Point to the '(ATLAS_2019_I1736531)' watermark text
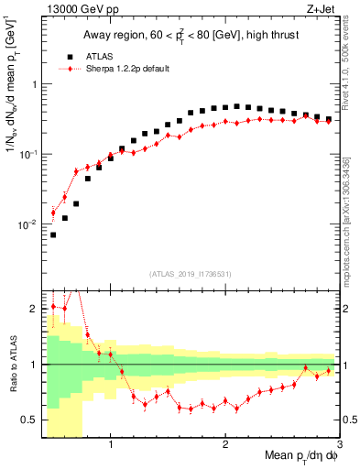click(x=190, y=274)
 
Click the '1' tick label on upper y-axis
click(x=34, y=84)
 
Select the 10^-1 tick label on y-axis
click(x=29, y=154)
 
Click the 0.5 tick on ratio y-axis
click(x=30, y=420)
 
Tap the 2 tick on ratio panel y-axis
click(x=34, y=309)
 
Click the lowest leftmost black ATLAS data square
click(x=53, y=234)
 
